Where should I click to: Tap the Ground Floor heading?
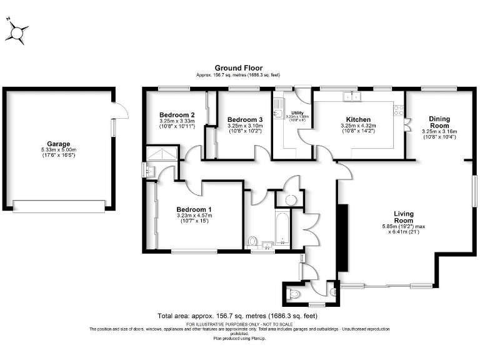click(x=238, y=67)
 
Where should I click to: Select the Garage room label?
click(x=58, y=144)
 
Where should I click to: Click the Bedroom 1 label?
click(x=193, y=209)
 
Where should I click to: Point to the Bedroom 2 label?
click(x=177, y=115)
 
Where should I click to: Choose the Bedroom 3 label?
click(x=244, y=119)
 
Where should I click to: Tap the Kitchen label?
click(x=358, y=119)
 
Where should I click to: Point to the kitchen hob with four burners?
click(x=397, y=110)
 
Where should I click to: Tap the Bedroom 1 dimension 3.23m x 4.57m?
click(x=193, y=216)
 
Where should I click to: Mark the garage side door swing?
click(x=121, y=111)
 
